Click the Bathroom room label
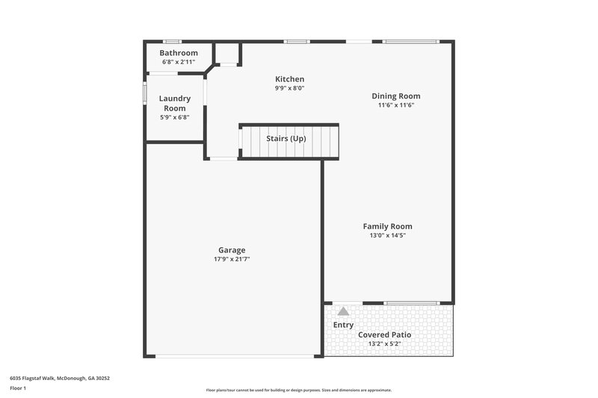[x=179, y=53]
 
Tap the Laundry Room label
[x=175, y=103]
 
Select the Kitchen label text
[x=289, y=79]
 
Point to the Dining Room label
[x=396, y=96]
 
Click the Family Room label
[x=387, y=226]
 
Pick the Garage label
[x=232, y=250]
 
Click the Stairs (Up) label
[x=286, y=139]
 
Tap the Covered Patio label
[x=384, y=335]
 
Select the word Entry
[x=343, y=325]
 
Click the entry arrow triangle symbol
[x=343, y=311]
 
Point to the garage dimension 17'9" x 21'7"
[x=232, y=259]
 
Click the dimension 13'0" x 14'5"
[x=387, y=235]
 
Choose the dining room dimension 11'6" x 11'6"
[x=396, y=105]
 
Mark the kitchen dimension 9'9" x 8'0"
[x=289, y=88]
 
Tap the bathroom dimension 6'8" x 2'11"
[x=179, y=62]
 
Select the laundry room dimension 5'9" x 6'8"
[x=175, y=117]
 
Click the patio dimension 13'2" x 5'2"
[x=384, y=343]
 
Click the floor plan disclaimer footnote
[x=299, y=390]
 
